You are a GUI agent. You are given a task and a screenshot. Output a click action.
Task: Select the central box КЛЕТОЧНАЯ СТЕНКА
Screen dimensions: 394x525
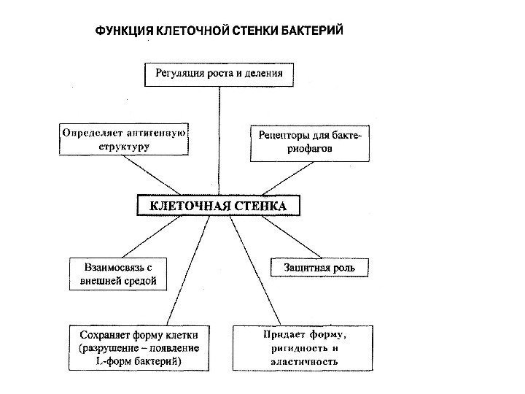pyautogui.click(x=219, y=206)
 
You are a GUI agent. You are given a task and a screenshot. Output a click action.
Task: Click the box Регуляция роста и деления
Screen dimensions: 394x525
pyautogui.click(x=219, y=74)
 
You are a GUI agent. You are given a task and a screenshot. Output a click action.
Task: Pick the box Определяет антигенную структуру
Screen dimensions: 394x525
pyautogui.click(x=124, y=139)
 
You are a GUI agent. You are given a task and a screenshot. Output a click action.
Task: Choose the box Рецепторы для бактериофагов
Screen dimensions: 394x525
pyautogui.click(x=311, y=142)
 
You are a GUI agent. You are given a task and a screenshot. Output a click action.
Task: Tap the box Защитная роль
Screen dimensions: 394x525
pyautogui.click(x=320, y=267)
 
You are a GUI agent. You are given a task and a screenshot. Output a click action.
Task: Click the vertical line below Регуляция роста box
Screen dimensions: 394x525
pyautogui.click(x=219, y=139)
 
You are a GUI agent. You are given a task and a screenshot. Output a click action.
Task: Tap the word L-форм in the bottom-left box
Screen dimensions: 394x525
pyautogui.click(x=111, y=360)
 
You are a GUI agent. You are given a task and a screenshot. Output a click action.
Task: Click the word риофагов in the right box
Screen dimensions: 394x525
pyautogui.click(x=311, y=148)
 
